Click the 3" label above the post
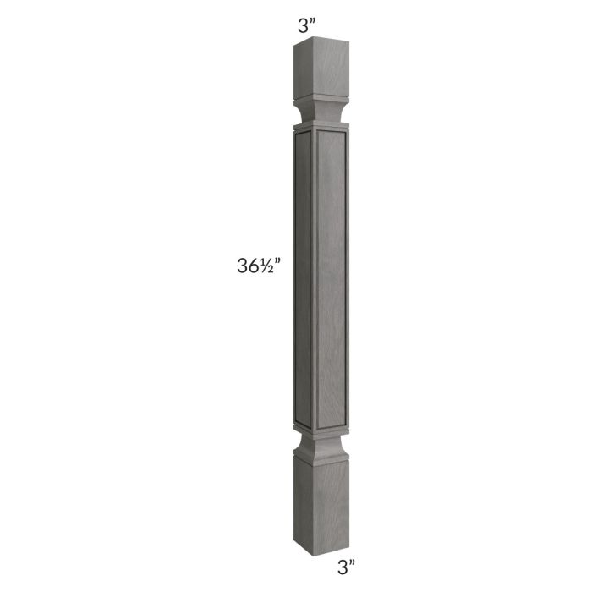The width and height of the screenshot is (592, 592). [x=305, y=25]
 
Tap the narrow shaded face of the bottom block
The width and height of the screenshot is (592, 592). [x=302, y=495]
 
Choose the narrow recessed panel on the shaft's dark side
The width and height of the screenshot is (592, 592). [x=303, y=279]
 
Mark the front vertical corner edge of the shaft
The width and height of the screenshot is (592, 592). [x=312, y=279]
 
